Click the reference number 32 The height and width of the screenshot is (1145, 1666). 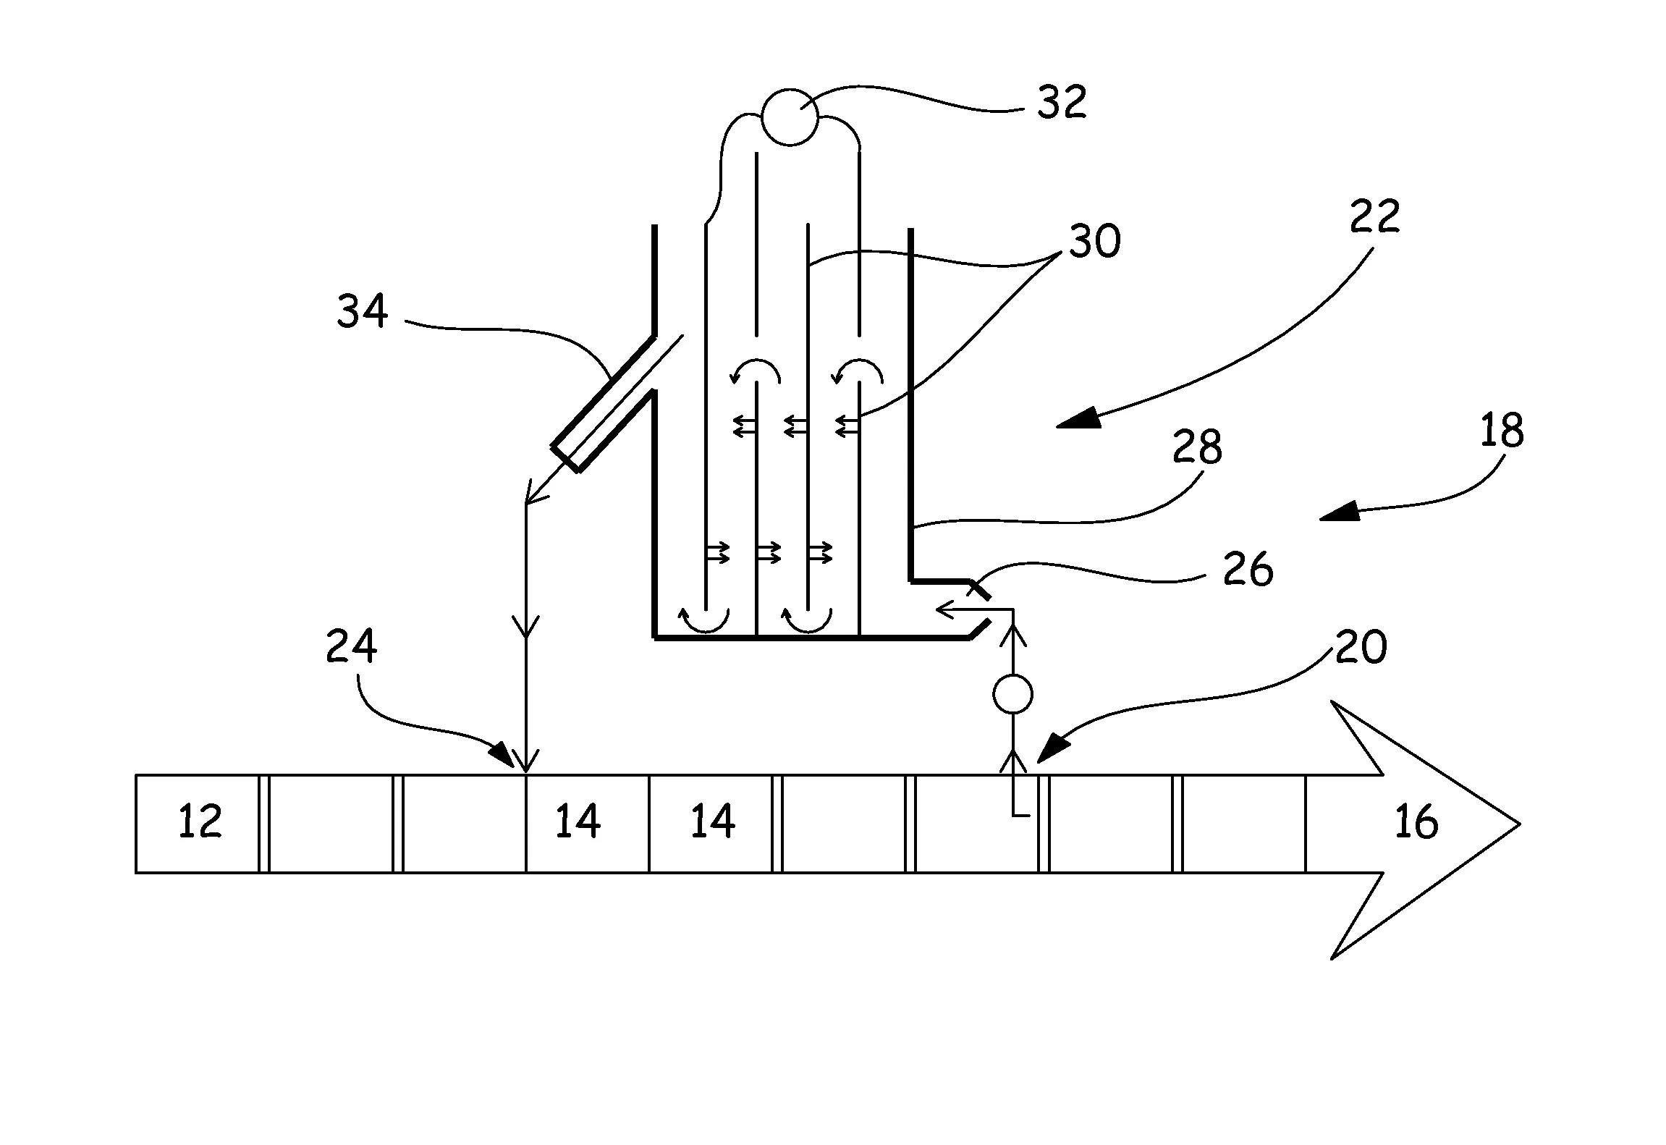click(1062, 102)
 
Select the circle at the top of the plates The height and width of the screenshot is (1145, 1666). click(790, 117)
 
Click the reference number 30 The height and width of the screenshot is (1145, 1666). click(1095, 241)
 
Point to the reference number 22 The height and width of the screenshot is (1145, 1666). click(1374, 216)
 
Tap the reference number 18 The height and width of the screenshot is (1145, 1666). click(1502, 430)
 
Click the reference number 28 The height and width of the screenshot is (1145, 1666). click(1198, 447)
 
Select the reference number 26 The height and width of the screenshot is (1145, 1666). click(1248, 569)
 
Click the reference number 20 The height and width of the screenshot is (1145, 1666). click(1361, 647)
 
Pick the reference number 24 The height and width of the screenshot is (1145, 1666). click(351, 646)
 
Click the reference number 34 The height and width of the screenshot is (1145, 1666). click(362, 311)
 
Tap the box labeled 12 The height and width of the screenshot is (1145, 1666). click(198, 823)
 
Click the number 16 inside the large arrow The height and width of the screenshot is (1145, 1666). click(1416, 823)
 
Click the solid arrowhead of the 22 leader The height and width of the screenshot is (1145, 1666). click(1078, 419)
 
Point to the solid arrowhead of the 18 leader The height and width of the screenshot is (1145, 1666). click(1339, 514)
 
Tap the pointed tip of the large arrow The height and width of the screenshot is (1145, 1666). click(1517, 824)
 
